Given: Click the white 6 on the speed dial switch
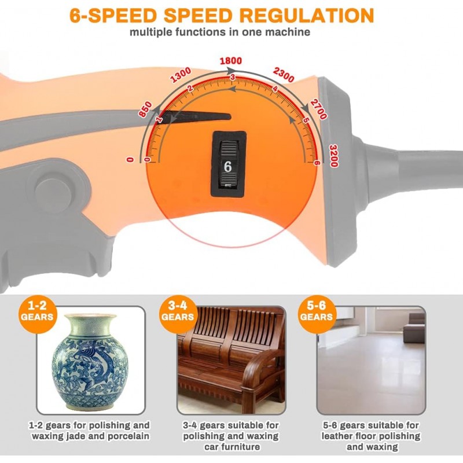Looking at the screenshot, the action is (x=227, y=167).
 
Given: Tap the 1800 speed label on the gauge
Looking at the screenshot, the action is (x=230, y=61).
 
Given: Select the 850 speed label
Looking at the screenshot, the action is (x=145, y=109).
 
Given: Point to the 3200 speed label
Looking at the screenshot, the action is (x=334, y=156).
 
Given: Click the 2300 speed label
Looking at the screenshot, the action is (x=284, y=75).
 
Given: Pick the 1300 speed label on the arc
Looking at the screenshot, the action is (x=181, y=75).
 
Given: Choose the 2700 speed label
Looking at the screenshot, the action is (x=319, y=109).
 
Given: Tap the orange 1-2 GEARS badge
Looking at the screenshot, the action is (x=37, y=314).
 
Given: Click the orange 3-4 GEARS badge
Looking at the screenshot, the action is (x=178, y=314).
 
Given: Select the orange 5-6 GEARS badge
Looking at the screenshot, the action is (x=317, y=314).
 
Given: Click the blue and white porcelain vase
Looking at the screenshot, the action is (x=90, y=361).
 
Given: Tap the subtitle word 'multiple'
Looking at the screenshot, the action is (x=150, y=32).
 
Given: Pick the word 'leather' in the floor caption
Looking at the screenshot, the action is (x=336, y=436).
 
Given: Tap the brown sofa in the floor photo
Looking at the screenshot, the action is (x=414, y=328).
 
